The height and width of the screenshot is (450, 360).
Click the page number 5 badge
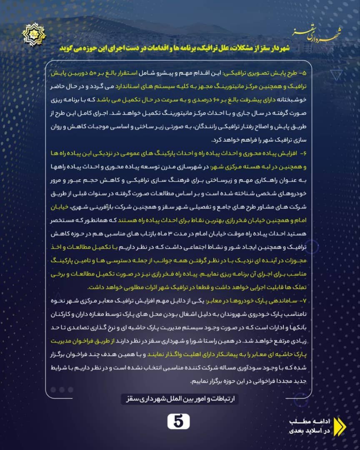point(178,422)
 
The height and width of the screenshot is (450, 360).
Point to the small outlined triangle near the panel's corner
point(335,75)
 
